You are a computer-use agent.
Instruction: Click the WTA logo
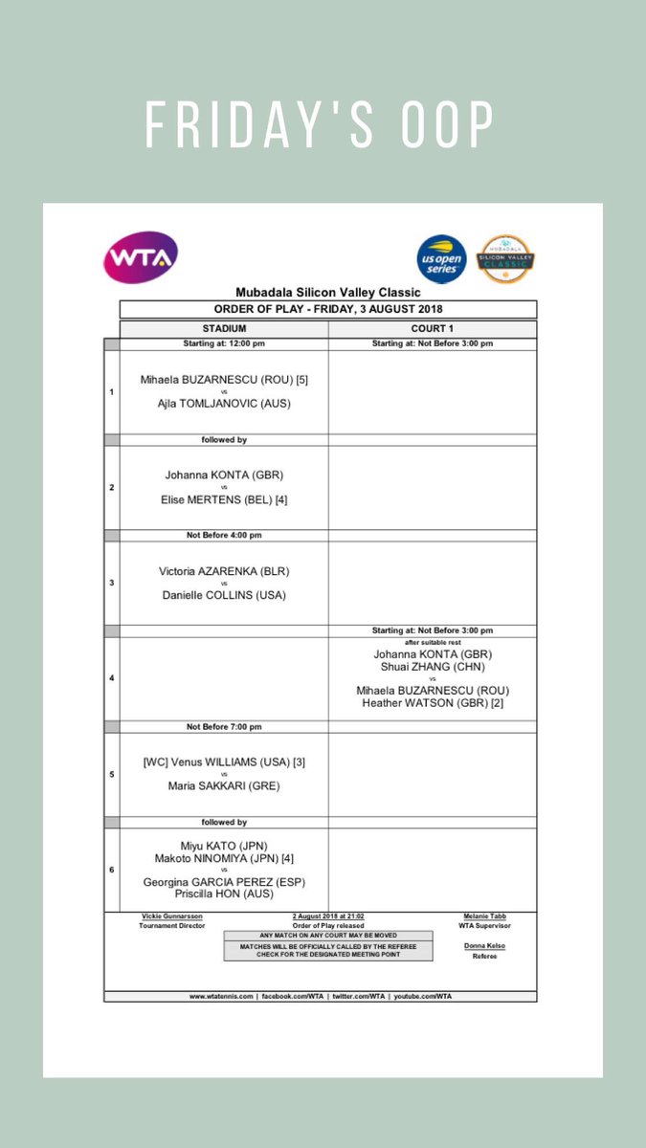click(140, 257)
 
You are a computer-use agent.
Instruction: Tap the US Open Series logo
click(442, 258)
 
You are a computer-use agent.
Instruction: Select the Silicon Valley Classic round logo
click(505, 258)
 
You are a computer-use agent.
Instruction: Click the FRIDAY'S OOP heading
click(322, 124)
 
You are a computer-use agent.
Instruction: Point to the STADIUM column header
click(224, 328)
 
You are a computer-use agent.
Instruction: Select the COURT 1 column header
click(433, 328)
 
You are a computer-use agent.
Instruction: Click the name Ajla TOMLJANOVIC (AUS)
click(224, 404)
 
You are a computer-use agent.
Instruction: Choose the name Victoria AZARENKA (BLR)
click(224, 571)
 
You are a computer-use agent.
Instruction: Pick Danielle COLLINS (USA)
click(224, 595)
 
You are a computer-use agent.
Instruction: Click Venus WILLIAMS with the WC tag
click(224, 762)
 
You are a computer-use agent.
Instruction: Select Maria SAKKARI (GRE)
click(224, 786)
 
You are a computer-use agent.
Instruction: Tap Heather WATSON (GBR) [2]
click(433, 703)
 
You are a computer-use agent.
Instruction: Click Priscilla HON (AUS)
click(224, 894)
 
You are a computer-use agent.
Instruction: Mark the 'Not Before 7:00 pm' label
click(224, 726)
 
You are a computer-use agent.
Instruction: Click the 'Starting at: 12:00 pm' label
click(224, 343)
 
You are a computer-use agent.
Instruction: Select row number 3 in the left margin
click(111, 583)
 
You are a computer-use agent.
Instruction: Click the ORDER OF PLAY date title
click(327, 309)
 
